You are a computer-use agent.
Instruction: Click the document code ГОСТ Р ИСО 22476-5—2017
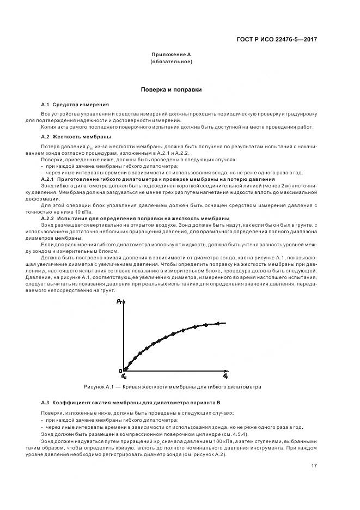click(284, 39)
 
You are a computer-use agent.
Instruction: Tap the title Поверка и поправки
click(172, 89)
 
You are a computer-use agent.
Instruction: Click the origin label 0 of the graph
click(120, 372)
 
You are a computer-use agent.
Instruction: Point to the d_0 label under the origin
click(124, 377)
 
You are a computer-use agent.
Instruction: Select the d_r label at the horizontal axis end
click(225, 376)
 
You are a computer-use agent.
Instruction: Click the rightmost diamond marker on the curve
click(218, 324)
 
